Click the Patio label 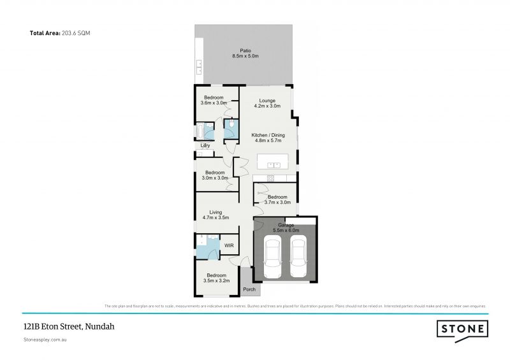pyautogui.click(x=245, y=50)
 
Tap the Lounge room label pyautogui.click(x=266, y=100)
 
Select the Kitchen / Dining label pyautogui.click(x=268, y=135)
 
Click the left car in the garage pyautogui.click(x=271, y=256)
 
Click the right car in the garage pyautogui.click(x=299, y=256)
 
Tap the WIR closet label pyautogui.click(x=228, y=245)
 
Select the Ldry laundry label pyautogui.click(x=205, y=146)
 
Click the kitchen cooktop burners pyautogui.click(x=270, y=178)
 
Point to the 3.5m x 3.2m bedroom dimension pyautogui.click(x=214, y=280)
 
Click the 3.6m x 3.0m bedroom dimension pyautogui.click(x=214, y=103)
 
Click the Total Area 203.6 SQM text pyautogui.click(x=61, y=32)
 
